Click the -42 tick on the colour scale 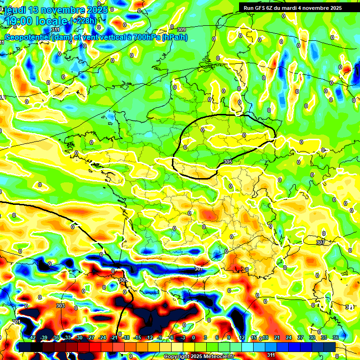[x=32, y=337]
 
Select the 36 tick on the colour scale [x=336, y=337]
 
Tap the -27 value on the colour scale [x=91, y=337]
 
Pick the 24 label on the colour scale [x=288, y=337]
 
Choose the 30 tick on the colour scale [x=312, y=337]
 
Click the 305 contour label [x=228, y=162]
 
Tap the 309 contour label [x=181, y=30]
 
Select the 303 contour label [x=60, y=306]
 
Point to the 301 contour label [x=16, y=322]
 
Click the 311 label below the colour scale [x=271, y=355]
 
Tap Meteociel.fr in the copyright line [x=216, y=357]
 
